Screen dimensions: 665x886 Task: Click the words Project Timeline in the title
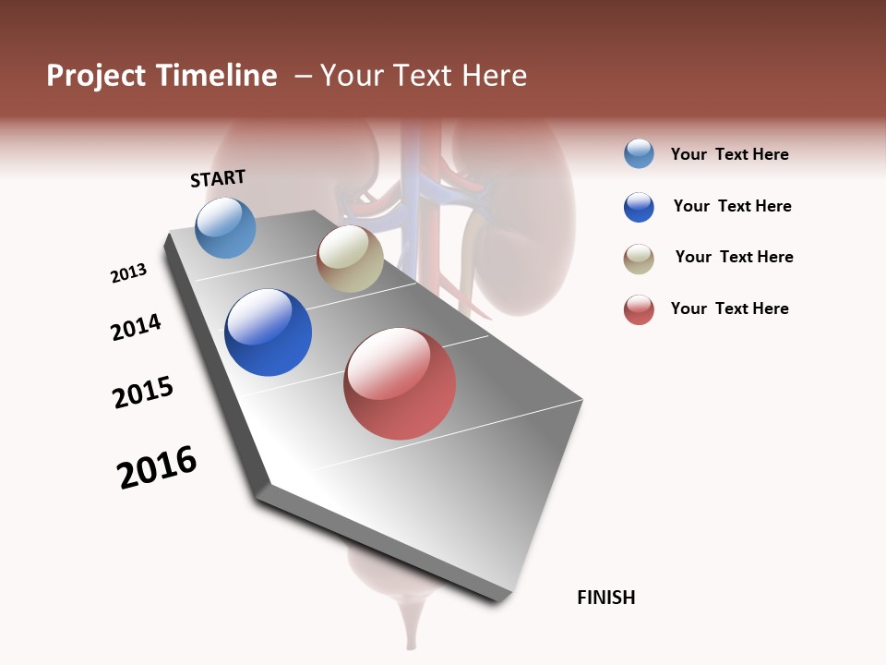coord(162,76)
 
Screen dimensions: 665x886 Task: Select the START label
coord(218,178)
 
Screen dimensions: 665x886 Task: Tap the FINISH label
coord(605,598)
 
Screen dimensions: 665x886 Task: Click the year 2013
coord(128,273)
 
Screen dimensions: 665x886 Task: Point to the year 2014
coord(136,327)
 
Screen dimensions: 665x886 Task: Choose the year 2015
coord(143,393)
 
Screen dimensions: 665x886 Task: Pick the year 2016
coord(157,467)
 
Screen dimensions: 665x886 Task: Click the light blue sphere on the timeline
coord(225,228)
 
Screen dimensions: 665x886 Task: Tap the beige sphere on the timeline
coord(350,259)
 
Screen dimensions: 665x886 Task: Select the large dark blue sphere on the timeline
coord(268,332)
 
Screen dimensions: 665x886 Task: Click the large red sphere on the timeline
coord(400,383)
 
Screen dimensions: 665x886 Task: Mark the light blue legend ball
coord(639,154)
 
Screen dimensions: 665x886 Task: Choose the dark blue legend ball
coord(639,207)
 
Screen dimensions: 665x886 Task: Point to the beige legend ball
coord(639,259)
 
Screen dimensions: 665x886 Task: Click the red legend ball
coord(639,309)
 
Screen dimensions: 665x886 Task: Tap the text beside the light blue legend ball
coord(729,154)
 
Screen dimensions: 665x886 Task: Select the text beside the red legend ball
coord(729,308)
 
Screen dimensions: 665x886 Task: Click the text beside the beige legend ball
coord(734,257)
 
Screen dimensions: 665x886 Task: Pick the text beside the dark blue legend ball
coord(732,206)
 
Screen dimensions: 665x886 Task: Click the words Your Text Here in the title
coord(424,76)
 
